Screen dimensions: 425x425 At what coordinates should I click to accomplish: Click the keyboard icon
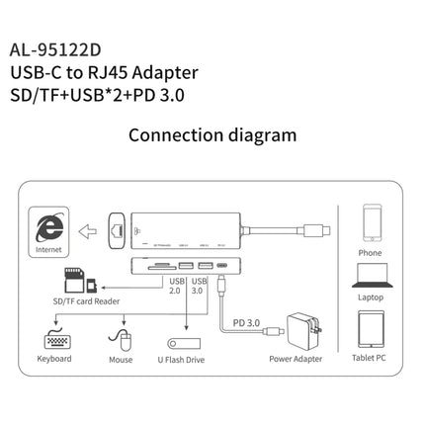coord(56,340)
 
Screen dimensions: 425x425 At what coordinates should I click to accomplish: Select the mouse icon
coord(122,339)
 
